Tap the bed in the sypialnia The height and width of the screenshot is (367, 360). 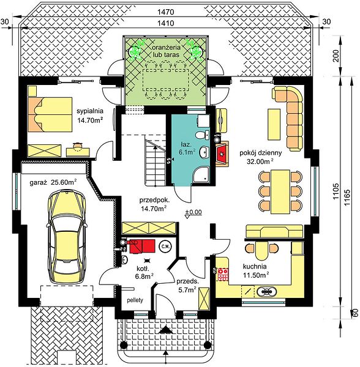pyautogui.click(x=50, y=115)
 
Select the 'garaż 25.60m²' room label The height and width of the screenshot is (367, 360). pyautogui.click(x=54, y=182)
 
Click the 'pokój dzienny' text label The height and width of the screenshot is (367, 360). pyautogui.click(x=260, y=153)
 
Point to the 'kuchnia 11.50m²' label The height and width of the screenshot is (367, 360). pyautogui.click(x=255, y=271)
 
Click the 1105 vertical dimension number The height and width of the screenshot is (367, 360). pyautogui.click(x=336, y=191)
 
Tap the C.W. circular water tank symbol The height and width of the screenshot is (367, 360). pyautogui.click(x=165, y=247)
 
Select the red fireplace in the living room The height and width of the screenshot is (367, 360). pyautogui.click(x=222, y=154)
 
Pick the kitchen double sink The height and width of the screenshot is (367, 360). pyautogui.click(x=266, y=292)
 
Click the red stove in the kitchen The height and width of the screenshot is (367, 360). pyautogui.click(x=223, y=274)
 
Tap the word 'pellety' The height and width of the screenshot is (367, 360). pyautogui.click(x=135, y=300)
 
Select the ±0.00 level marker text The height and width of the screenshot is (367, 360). pyautogui.click(x=193, y=212)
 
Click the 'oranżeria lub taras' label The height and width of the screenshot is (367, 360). pyautogui.click(x=166, y=51)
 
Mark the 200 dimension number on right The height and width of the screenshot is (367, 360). pyautogui.click(x=336, y=56)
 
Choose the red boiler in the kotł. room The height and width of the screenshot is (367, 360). pyautogui.click(x=141, y=246)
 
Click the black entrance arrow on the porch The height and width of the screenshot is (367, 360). pyautogui.click(x=166, y=330)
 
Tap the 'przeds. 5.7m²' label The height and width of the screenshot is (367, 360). pyautogui.click(x=187, y=286)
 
